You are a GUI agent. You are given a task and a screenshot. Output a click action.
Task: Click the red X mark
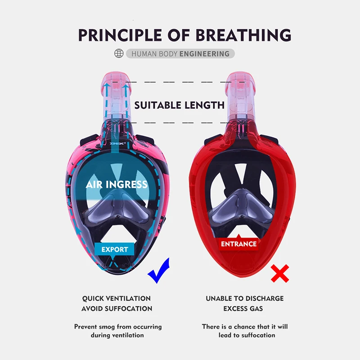(279, 273)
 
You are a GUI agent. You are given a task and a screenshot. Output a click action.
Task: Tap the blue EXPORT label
(114, 249)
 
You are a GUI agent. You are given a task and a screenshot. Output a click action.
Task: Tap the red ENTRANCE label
(238, 244)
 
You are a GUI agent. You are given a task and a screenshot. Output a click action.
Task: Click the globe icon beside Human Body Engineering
(119, 54)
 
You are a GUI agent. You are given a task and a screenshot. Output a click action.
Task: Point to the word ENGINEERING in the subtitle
(204, 54)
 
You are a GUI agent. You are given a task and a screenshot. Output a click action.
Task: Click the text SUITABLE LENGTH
(180, 105)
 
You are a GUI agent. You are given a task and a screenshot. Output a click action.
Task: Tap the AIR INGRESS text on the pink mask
(117, 184)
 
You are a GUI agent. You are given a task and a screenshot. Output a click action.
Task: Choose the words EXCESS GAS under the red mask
(243, 309)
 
